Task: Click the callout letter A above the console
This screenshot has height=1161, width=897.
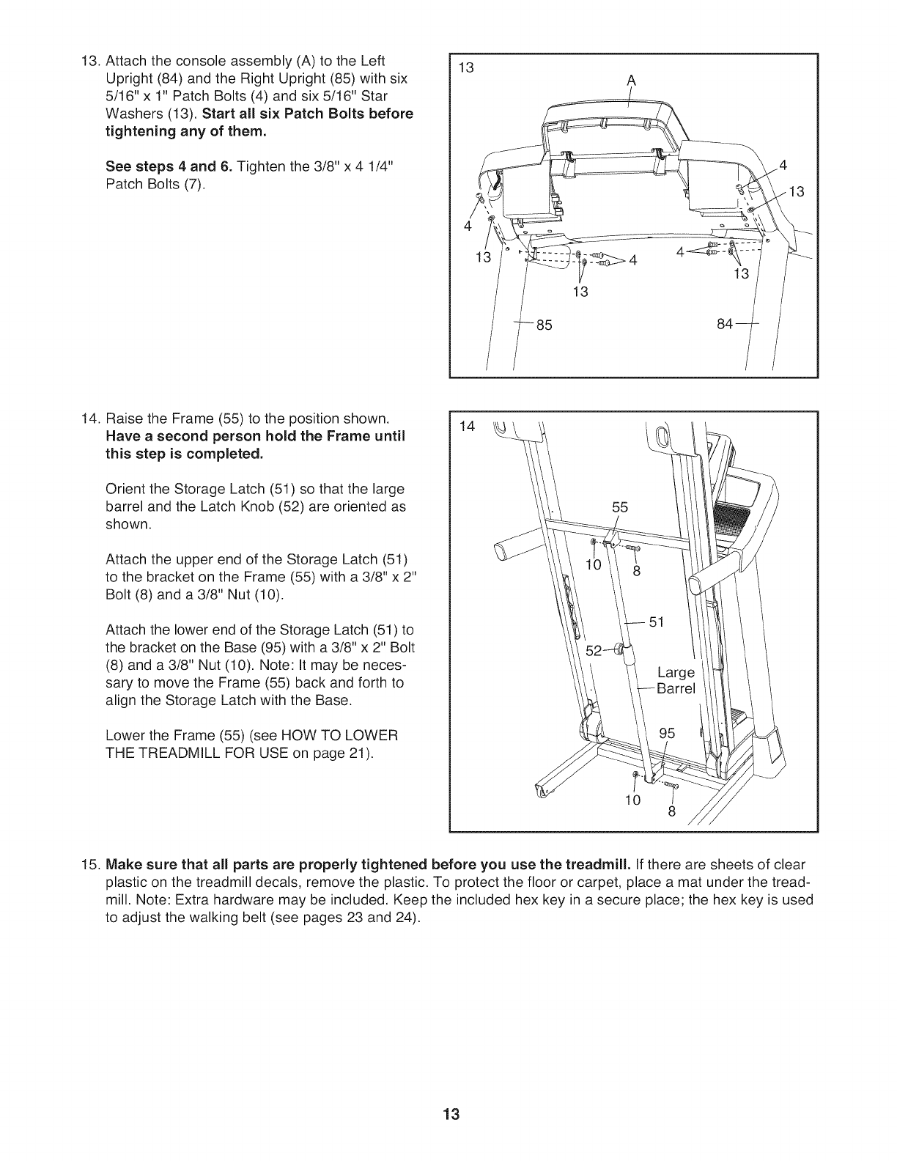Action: pyautogui.click(x=630, y=82)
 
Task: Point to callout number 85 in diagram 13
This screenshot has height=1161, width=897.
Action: pyautogui.click(x=544, y=325)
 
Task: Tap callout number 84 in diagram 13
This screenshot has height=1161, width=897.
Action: pyautogui.click(x=725, y=325)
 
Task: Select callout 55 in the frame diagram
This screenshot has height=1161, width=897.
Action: pyautogui.click(x=620, y=506)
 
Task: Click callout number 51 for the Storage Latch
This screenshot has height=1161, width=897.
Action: pyautogui.click(x=656, y=622)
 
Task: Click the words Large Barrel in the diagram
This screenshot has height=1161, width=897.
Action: pyautogui.click(x=675, y=680)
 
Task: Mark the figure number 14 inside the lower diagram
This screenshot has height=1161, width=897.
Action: pyautogui.click(x=465, y=426)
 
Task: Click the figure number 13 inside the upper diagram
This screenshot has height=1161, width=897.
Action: pyautogui.click(x=465, y=68)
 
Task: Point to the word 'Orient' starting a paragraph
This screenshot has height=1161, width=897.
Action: pyautogui.click(x=126, y=489)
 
